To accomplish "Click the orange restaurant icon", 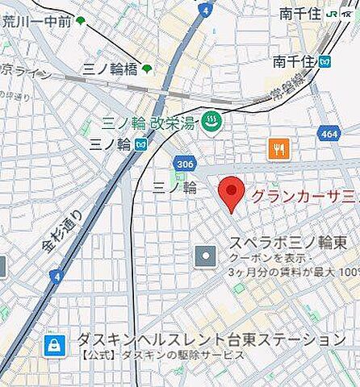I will (x=278, y=148).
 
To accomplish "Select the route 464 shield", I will (x=328, y=133).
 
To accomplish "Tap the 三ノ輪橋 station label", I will (x=111, y=69).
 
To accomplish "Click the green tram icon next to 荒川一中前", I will (x=80, y=21).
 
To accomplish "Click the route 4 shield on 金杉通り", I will (x=55, y=276).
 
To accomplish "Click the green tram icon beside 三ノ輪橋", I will (x=147, y=69).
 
